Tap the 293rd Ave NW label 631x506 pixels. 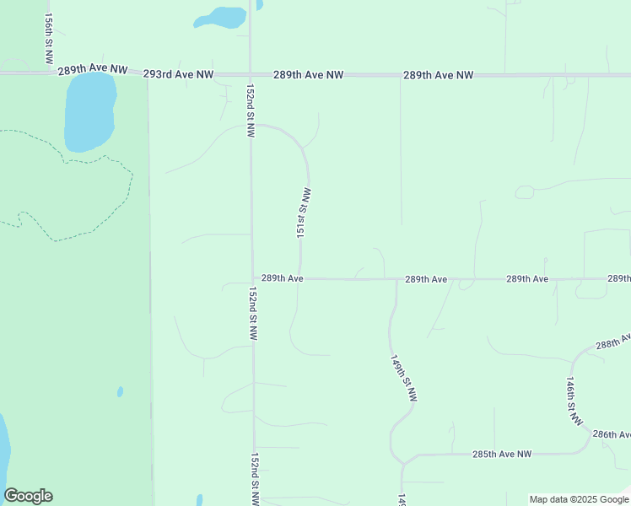178,74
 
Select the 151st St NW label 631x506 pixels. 305,213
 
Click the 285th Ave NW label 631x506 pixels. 502,454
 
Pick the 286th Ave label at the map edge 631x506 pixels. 612,434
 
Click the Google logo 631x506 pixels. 28,496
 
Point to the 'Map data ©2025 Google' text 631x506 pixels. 579,499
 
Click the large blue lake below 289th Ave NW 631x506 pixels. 89,111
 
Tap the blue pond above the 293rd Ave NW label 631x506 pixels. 220,18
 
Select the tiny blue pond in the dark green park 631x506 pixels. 120,391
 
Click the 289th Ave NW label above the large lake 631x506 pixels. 93,71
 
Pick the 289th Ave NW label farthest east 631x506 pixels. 438,75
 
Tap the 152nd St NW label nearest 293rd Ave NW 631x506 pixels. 250,110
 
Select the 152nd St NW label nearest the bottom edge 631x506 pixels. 255,479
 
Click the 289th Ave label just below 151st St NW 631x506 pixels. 282,277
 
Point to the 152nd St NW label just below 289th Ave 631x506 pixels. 252,313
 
